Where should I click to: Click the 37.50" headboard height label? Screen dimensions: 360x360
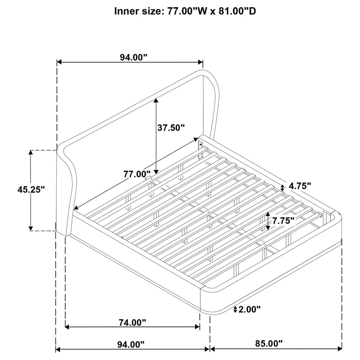[171, 128]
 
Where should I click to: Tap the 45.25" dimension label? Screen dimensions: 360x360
[31, 189]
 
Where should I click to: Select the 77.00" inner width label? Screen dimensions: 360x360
[137, 174]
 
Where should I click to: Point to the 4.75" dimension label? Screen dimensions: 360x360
[300, 186]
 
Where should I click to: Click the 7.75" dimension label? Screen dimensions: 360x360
[283, 221]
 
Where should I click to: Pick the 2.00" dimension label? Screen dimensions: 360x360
[250, 309]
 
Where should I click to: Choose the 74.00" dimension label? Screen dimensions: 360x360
[132, 323]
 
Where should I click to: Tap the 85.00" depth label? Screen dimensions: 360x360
[269, 343]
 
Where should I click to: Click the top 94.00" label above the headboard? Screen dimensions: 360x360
[133, 58]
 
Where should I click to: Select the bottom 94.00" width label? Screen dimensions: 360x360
[131, 344]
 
